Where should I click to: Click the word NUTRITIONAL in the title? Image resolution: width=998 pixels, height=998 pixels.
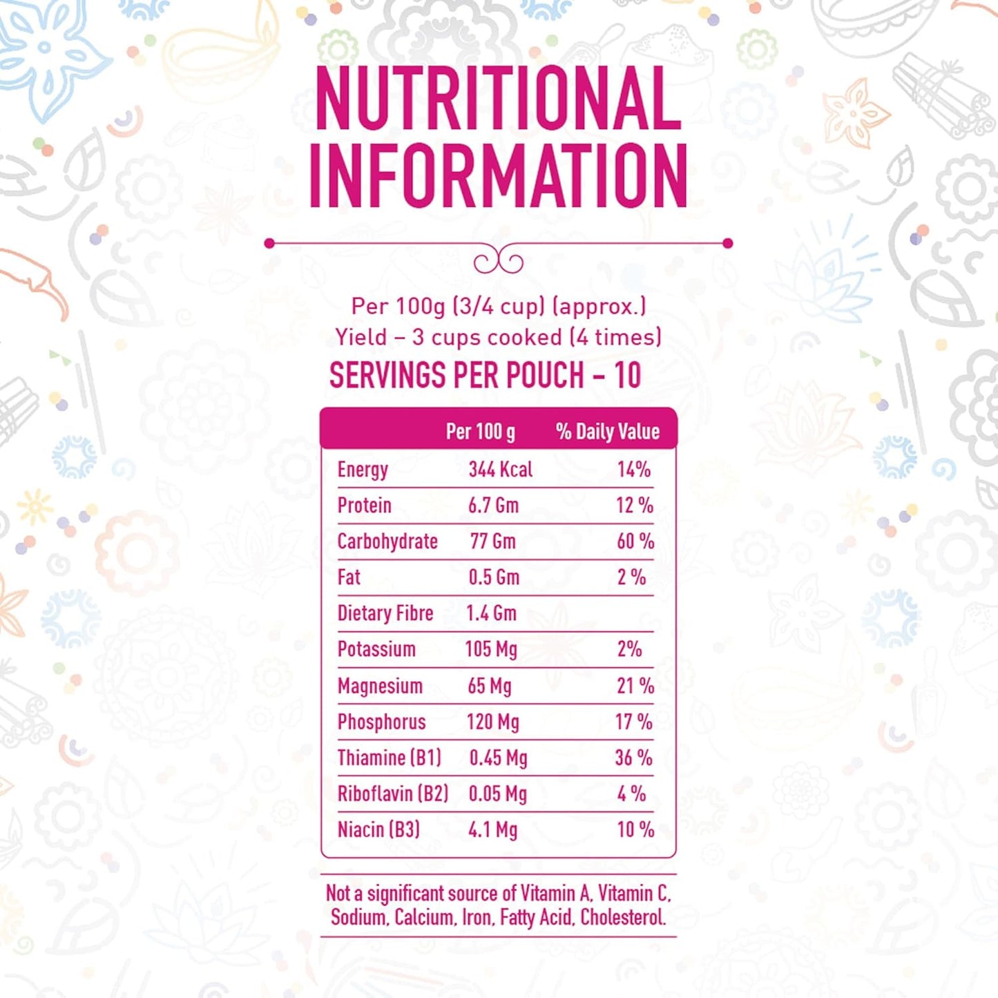coord(498,98)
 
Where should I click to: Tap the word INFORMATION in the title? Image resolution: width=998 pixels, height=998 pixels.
coord(499,176)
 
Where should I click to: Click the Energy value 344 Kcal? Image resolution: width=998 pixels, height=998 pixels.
coord(500,470)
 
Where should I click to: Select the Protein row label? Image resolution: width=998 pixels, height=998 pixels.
coord(364,506)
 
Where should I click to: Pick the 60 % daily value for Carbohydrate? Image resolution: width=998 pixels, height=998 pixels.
coord(635,541)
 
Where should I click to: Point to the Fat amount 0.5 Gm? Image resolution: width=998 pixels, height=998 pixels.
coord(494,577)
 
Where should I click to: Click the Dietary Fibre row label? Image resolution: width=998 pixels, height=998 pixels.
coord(385,613)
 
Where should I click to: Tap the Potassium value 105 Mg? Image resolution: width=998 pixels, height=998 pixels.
coord(490,649)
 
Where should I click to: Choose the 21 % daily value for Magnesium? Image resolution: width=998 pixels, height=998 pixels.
coord(635,686)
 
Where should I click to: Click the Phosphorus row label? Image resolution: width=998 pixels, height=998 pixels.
coord(382,722)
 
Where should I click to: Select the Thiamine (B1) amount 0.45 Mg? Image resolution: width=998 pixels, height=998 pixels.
coord(498,758)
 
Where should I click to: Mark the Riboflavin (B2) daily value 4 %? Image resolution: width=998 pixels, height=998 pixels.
coord(632,794)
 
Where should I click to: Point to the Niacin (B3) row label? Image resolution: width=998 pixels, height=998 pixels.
coord(378,829)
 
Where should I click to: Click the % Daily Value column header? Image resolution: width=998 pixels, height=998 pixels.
coord(608,432)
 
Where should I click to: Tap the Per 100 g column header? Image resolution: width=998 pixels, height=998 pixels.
coord(481,432)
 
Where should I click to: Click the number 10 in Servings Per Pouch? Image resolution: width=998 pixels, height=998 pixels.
coord(628,376)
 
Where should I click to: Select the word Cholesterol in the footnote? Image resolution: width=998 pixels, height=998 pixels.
coord(623,917)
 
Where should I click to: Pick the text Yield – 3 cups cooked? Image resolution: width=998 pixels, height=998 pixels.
coord(448,338)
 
